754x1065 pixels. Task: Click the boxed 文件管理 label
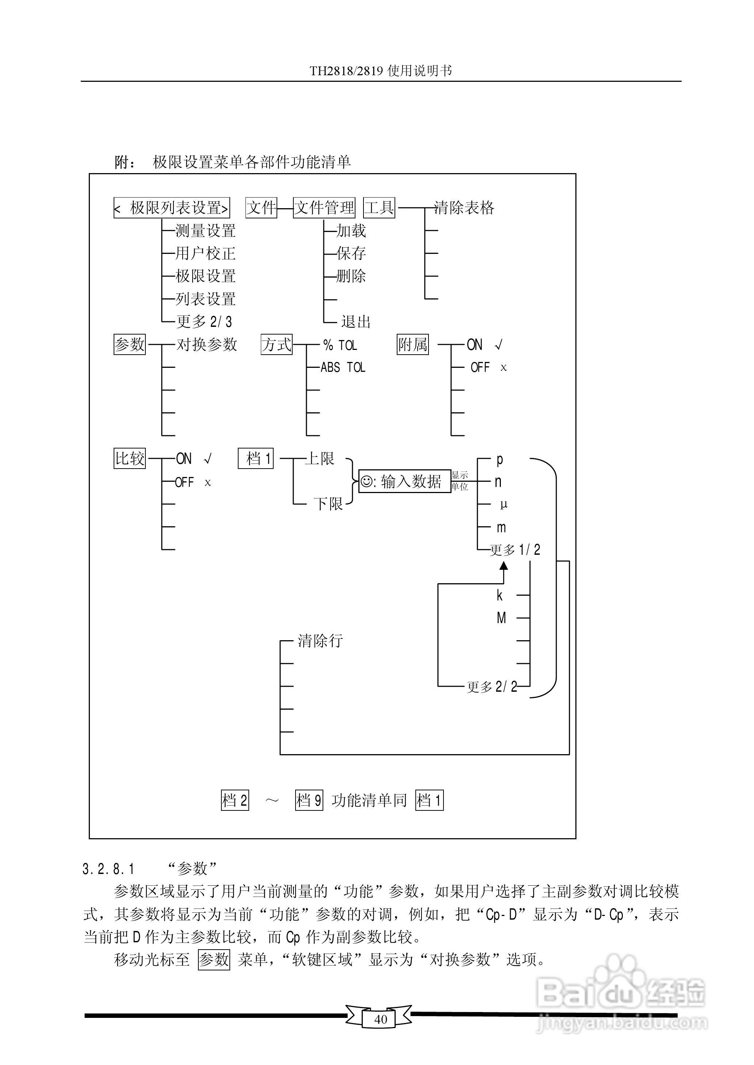(324, 207)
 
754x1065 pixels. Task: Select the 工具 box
(379, 207)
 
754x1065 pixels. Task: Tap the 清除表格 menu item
(464, 207)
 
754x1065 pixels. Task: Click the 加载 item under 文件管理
(351, 230)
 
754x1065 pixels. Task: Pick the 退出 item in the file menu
(356, 322)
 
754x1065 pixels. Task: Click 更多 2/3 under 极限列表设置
(204, 322)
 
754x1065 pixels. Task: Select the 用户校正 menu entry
(205, 253)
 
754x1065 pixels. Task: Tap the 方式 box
(277, 344)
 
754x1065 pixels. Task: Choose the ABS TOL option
(343, 367)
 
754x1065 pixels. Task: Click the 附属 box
(412, 344)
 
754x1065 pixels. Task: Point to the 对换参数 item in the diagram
(207, 344)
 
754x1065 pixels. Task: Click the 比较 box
(130, 458)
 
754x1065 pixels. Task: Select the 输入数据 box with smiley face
(404, 481)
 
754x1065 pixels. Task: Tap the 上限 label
(319, 458)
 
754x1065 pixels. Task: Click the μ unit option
(504, 504)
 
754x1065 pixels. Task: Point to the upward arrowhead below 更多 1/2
(504, 566)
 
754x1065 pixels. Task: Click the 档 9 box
(309, 800)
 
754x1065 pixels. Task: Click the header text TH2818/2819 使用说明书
(381, 71)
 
